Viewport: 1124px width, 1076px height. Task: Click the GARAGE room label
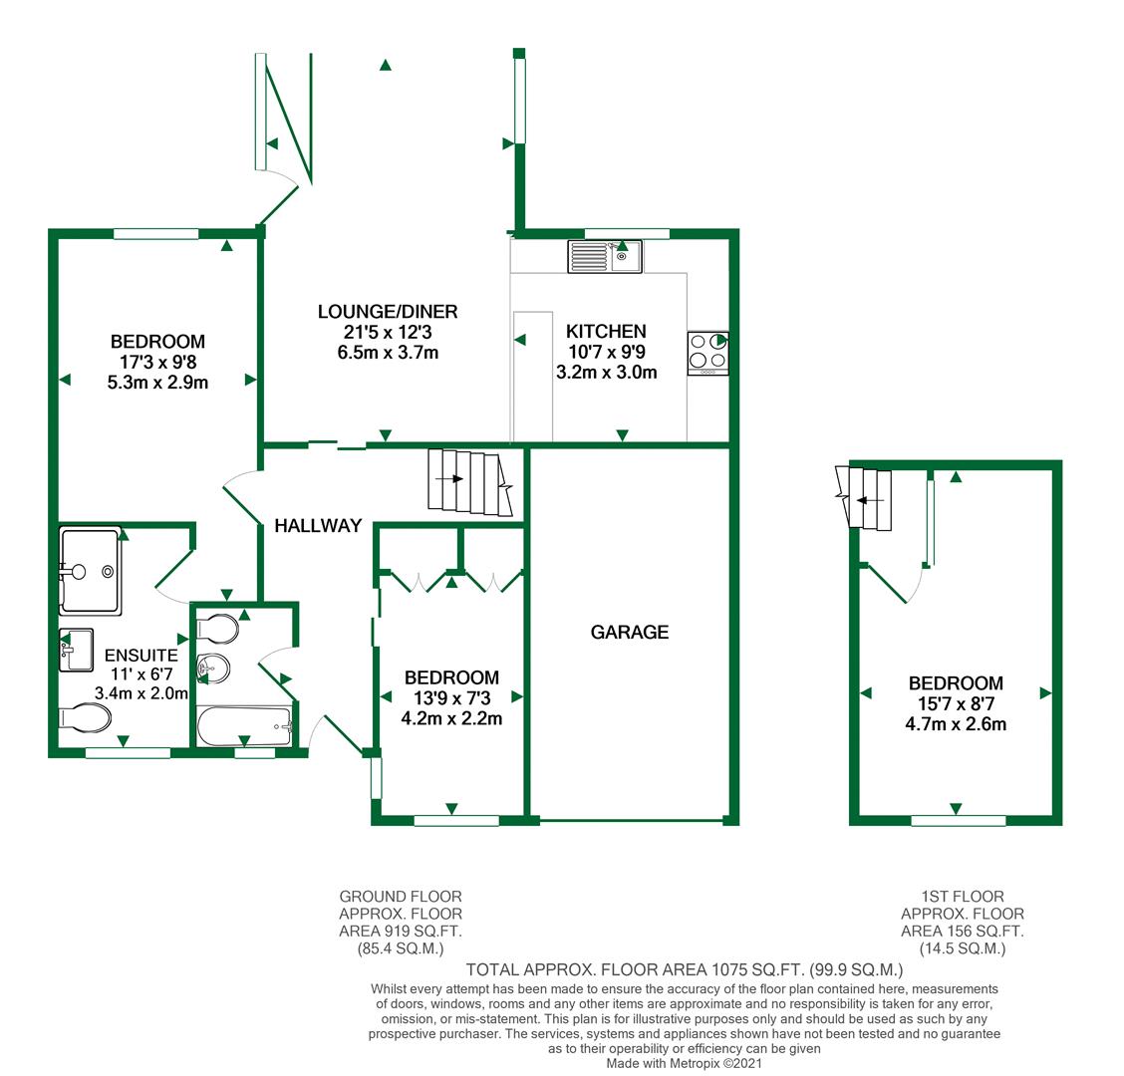(x=629, y=632)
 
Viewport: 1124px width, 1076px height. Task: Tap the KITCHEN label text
(x=606, y=331)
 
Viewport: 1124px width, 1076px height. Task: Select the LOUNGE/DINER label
(x=388, y=312)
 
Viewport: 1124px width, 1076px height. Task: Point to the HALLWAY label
(x=318, y=525)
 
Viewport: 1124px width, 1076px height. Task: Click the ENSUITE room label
(x=140, y=656)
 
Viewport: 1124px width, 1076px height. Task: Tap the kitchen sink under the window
(x=605, y=256)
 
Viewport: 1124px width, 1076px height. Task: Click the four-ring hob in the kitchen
(x=707, y=353)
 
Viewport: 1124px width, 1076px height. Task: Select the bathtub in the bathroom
(x=244, y=727)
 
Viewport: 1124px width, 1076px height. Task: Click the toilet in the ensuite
(x=86, y=716)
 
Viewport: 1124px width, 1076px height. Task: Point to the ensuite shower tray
(x=91, y=569)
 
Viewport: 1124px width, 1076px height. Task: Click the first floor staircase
(x=867, y=497)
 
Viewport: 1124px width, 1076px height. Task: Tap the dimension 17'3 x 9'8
(x=157, y=362)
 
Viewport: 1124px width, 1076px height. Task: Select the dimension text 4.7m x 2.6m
(x=956, y=724)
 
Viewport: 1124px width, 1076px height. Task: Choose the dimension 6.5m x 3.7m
(x=388, y=352)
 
